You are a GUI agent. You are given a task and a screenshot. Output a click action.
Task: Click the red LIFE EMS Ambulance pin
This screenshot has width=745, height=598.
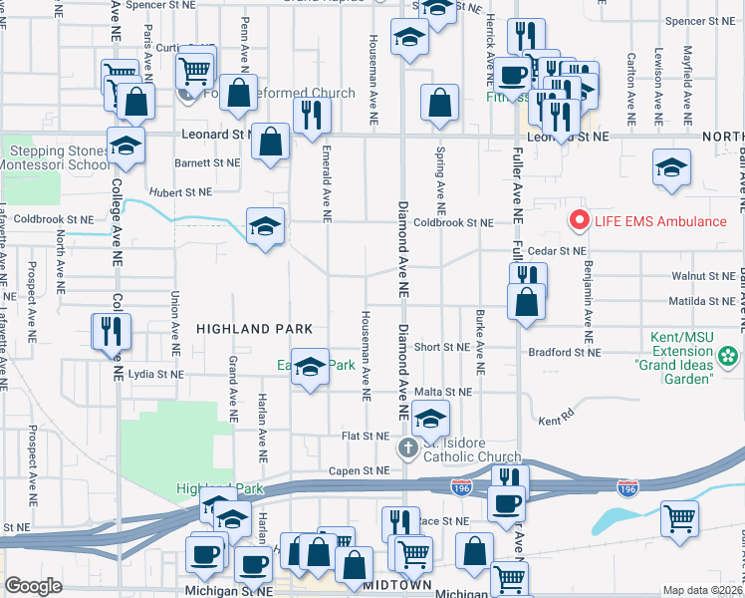[x=576, y=220]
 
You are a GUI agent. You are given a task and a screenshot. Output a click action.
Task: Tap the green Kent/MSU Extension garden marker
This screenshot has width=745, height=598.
[x=729, y=355]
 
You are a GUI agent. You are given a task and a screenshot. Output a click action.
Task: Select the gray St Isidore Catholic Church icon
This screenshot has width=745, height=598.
[x=407, y=448]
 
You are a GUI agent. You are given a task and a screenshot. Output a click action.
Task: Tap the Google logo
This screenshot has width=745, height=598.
[x=33, y=586]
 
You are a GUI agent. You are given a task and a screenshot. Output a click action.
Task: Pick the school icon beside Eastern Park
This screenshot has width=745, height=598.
[x=311, y=368]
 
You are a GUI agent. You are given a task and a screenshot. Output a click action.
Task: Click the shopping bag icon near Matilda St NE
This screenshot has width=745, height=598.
[x=526, y=303]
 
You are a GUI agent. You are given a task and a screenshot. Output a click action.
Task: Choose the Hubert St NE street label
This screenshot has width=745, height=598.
[x=180, y=191]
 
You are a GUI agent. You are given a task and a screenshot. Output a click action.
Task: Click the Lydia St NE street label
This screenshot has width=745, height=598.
[x=156, y=374]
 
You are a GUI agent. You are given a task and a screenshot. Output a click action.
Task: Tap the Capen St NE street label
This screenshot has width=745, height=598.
[x=361, y=470]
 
